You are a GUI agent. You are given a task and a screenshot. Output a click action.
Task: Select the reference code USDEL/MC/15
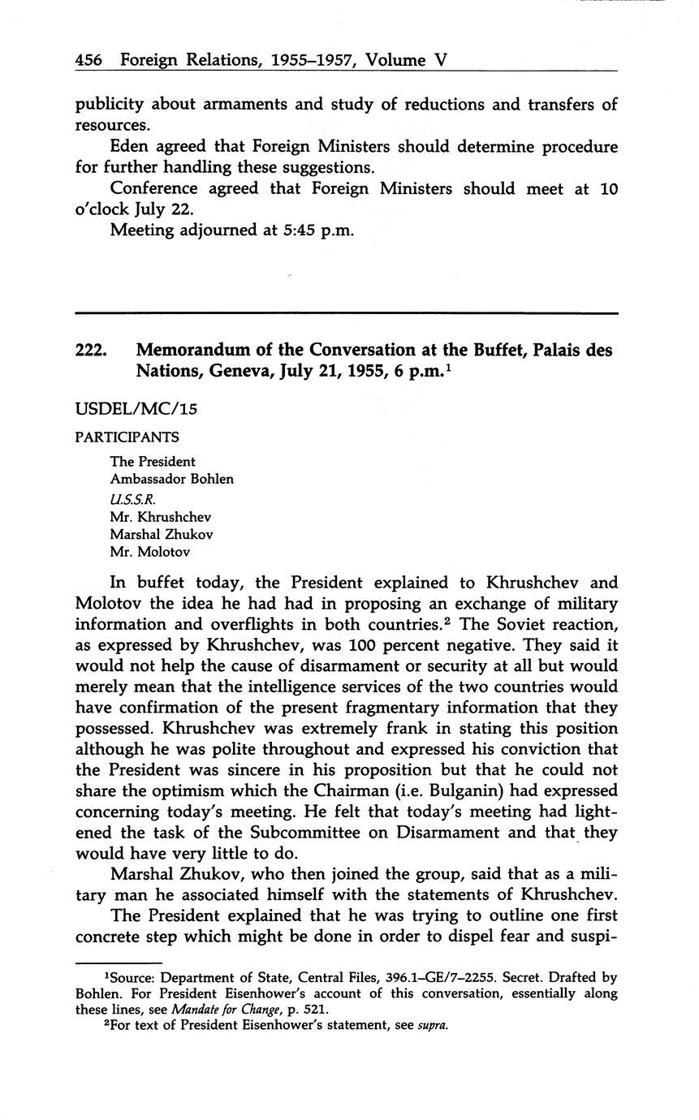tap(136, 409)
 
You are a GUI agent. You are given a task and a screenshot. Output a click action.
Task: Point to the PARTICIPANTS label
tap(127, 437)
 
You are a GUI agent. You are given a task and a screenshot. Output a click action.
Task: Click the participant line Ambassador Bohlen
tap(171, 479)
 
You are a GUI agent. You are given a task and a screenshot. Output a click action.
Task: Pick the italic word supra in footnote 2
tap(433, 1024)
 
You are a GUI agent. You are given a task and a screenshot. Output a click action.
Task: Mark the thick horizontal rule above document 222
tap(346, 312)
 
